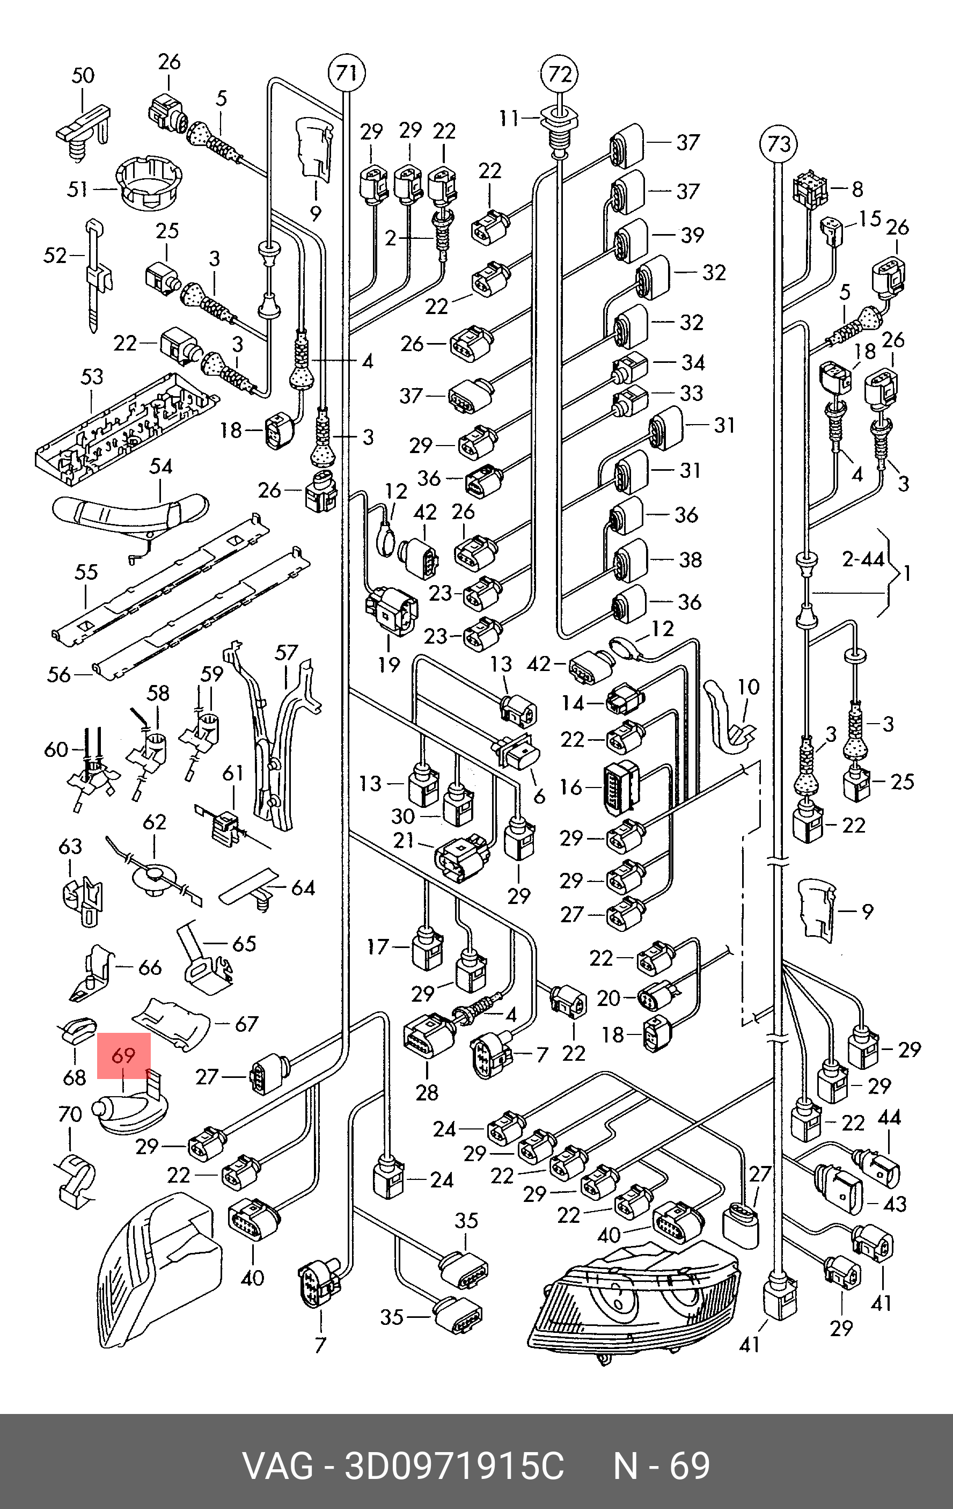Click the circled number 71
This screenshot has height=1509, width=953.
click(347, 74)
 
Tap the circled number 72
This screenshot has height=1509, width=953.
click(560, 75)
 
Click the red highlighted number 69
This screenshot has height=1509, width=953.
click(124, 1056)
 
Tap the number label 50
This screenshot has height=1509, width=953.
click(83, 76)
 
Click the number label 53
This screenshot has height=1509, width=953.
click(92, 377)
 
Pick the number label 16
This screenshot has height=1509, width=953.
click(571, 787)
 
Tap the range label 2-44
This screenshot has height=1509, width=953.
click(863, 559)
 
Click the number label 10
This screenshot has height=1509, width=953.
click(747, 687)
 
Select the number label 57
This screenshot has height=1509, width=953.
click(287, 652)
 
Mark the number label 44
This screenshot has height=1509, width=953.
click(889, 1117)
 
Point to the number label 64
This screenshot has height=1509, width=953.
click(303, 888)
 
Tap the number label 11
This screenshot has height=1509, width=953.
click(509, 117)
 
